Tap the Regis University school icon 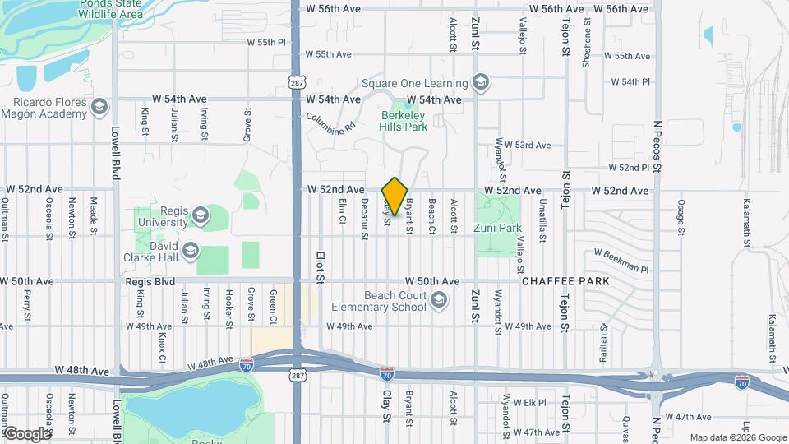pyautogui.click(x=200, y=217)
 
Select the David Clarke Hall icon pyautogui.click(x=191, y=250)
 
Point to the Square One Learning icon pyautogui.click(x=481, y=82)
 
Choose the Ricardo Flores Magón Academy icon pyautogui.click(x=99, y=108)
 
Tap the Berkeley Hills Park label pyautogui.click(x=404, y=121)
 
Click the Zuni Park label pyautogui.click(x=498, y=228)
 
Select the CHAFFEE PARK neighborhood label pyautogui.click(x=565, y=281)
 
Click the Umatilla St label pyautogui.click(x=542, y=220)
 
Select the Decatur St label pyautogui.click(x=364, y=220)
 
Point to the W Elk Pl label pyautogui.click(x=529, y=402)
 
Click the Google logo pyautogui.click(x=27, y=433)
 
